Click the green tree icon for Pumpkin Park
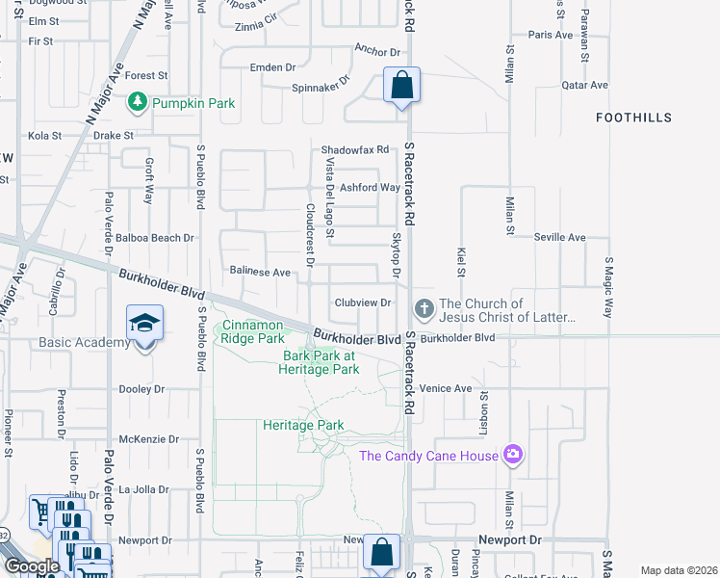139,102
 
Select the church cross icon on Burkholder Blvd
424,309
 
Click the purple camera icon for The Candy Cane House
513,455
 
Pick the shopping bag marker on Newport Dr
381,554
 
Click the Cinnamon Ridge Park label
252,331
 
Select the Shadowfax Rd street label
354,150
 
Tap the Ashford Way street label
371,188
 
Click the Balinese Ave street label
259,273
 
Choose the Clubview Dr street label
362,302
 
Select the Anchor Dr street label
376,51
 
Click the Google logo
31,566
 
